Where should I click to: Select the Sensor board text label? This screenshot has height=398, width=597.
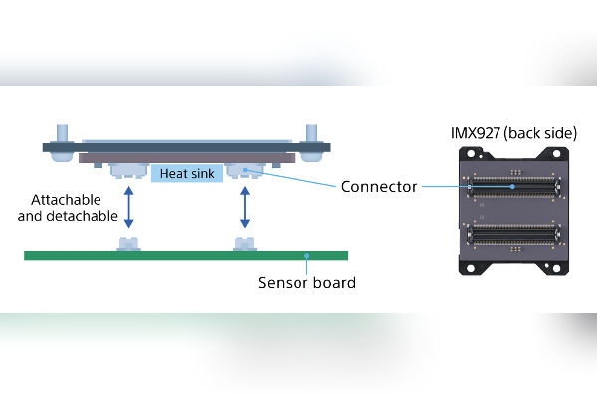click(306, 282)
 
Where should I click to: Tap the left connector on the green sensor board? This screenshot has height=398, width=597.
click(127, 244)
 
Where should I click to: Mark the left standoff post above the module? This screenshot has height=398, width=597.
click(61, 132)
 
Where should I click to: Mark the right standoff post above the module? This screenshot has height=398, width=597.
click(311, 132)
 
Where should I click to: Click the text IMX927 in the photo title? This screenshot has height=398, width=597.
click(471, 131)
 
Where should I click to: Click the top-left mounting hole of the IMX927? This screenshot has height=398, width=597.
click(465, 152)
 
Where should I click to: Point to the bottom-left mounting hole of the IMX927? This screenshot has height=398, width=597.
click(465, 267)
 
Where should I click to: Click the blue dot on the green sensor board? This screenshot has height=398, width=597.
click(308, 256)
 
